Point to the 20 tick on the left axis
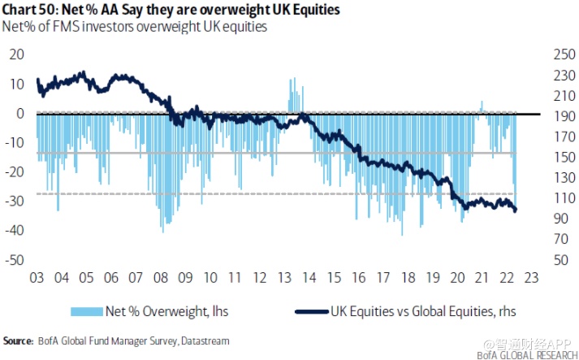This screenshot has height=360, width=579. [16, 54]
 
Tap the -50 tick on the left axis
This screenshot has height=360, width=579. [15, 260]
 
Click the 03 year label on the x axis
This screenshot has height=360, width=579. [37, 276]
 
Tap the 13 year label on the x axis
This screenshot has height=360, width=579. [285, 276]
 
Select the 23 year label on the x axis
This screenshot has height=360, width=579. [531, 276]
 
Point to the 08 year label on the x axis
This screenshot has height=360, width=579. [161, 276]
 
